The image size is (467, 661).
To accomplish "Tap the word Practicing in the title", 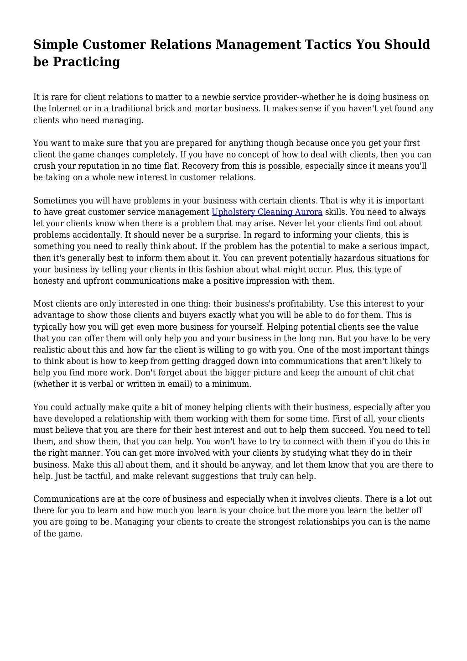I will (87, 62).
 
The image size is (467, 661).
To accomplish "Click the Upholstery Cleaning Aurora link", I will (267, 212).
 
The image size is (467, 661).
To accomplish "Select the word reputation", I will (94, 166).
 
